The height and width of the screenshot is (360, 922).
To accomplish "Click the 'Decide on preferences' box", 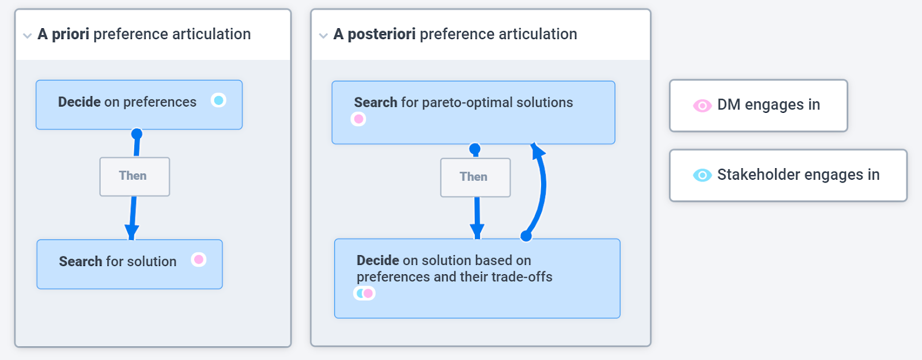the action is (x=139, y=105).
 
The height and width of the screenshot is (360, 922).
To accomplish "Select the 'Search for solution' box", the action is (x=130, y=264).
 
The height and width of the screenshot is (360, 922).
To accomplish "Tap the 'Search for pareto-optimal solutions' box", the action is (x=473, y=112).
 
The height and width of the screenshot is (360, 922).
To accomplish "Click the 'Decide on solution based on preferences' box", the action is (x=477, y=278).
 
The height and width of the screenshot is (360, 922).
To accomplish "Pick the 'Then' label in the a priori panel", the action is (x=135, y=176).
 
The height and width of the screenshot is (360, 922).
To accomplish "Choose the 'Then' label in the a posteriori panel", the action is (x=475, y=177).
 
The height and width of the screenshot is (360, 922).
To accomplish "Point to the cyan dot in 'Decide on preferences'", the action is (x=218, y=100).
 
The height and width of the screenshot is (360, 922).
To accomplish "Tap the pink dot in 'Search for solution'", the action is (x=199, y=260).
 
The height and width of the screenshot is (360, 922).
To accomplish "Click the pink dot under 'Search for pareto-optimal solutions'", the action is (x=358, y=119).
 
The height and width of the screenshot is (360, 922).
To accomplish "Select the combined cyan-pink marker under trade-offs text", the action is (x=364, y=293).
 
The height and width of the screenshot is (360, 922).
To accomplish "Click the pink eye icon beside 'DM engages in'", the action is (x=702, y=106).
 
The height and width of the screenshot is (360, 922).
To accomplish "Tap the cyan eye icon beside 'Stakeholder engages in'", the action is (x=702, y=175).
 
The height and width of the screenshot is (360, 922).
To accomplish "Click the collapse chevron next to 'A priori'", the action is (x=27, y=36).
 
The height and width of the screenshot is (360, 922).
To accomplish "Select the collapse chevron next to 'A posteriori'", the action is (x=323, y=36).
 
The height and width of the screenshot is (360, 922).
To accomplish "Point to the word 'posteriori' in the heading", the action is (x=381, y=34).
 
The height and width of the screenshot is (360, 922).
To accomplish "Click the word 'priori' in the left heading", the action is (x=70, y=34).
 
